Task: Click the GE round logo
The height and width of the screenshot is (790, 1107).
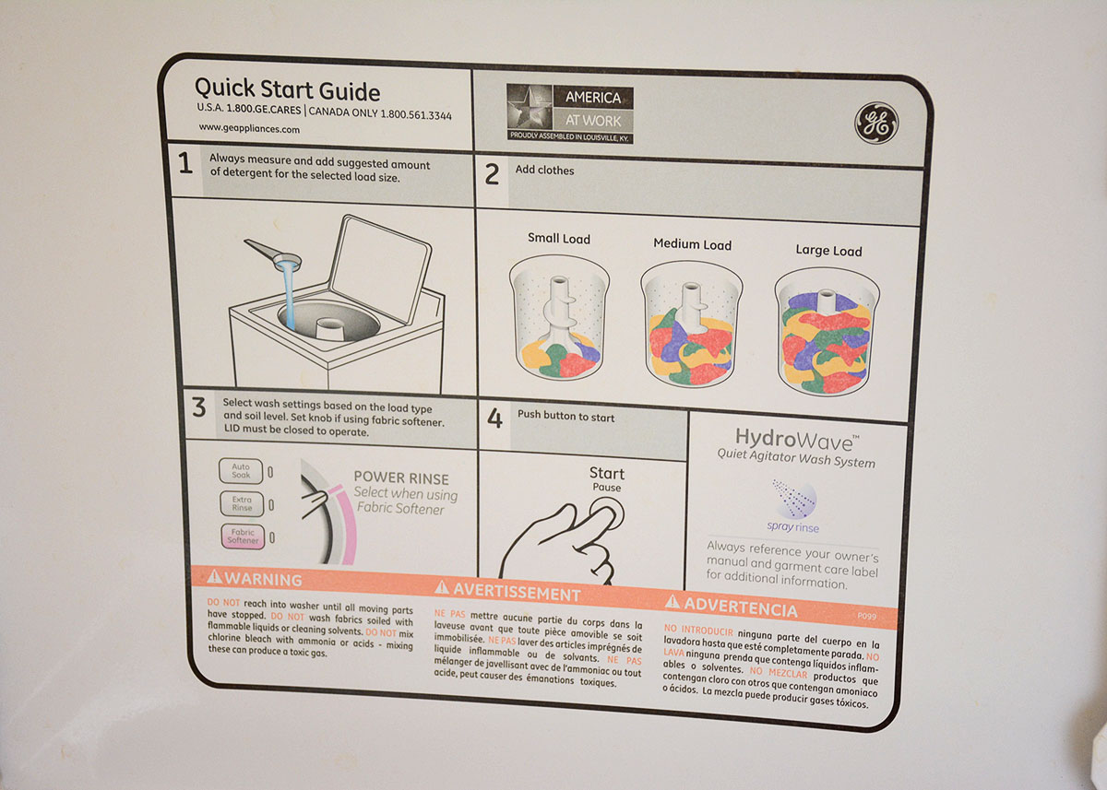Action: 875,123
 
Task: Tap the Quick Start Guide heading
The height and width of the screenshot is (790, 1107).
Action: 287,90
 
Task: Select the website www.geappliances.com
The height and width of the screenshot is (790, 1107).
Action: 249,129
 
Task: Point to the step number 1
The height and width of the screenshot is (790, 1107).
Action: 185,164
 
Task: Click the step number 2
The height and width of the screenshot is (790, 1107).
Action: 492,173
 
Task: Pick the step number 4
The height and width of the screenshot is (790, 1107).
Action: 494,419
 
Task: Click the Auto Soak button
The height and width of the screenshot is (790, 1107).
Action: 240,471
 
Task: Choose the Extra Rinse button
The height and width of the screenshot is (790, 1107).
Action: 241,503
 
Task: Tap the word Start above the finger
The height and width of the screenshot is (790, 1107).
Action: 607,473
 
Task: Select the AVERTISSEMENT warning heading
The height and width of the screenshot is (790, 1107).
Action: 508,592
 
